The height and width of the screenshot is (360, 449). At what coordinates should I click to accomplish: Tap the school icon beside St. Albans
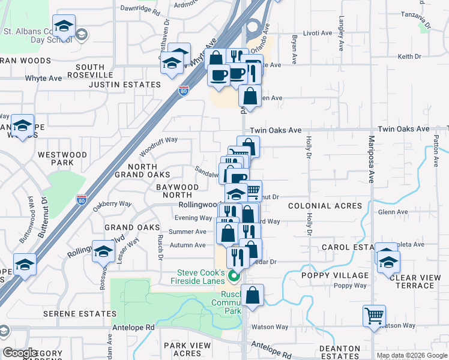coord(63,27)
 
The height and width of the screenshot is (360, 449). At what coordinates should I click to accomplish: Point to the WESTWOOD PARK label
coord(62,158)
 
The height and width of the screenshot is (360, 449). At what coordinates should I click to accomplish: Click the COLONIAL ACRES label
coord(325,206)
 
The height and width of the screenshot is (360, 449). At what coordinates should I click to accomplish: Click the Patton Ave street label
coord(436,149)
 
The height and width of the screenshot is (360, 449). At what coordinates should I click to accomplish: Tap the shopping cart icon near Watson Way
coord(374,316)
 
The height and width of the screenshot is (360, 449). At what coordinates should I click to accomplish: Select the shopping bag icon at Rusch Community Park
coord(253,296)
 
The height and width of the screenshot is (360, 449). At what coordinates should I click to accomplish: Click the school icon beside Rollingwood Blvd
coord(103,251)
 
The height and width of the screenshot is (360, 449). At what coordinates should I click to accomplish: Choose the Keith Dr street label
coord(409,56)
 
